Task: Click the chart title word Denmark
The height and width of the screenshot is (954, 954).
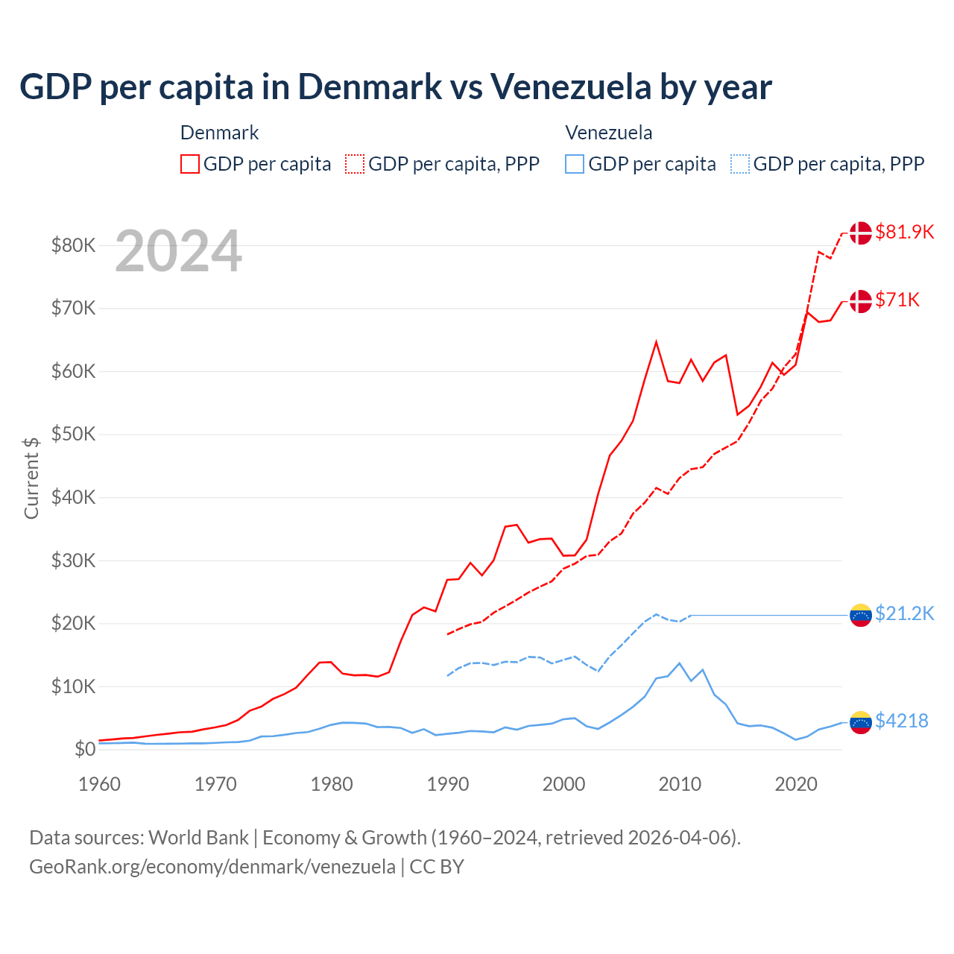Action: point(370,86)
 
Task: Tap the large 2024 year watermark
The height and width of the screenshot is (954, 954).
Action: point(178,251)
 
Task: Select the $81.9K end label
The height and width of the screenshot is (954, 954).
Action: point(904,232)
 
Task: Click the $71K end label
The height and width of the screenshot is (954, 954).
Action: point(897,300)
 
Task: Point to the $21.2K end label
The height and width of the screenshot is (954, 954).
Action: point(904,613)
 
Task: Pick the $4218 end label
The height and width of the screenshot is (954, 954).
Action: point(901,721)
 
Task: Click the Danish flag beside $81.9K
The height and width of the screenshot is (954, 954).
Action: point(860,233)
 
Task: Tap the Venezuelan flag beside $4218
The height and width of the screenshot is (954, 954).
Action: point(860,721)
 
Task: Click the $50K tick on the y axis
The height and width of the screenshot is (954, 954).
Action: point(73,434)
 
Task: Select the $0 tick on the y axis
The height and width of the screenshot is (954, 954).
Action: point(85,749)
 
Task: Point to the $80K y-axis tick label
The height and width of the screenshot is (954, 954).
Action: point(73,245)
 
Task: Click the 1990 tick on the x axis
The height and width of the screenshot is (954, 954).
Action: point(447,784)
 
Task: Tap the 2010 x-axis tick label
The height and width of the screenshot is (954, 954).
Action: point(680,784)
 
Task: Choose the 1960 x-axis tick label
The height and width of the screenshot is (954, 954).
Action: point(99,784)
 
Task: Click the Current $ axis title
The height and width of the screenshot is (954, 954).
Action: point(31,478)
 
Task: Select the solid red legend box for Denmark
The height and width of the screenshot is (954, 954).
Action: point(190,164)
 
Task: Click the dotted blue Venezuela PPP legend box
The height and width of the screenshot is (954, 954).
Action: point(740,164)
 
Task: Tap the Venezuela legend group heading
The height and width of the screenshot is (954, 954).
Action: point(608,133)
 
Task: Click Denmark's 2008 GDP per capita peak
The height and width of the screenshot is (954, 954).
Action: point(656,342)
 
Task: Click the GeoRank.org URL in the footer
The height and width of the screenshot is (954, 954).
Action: point(212,867)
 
